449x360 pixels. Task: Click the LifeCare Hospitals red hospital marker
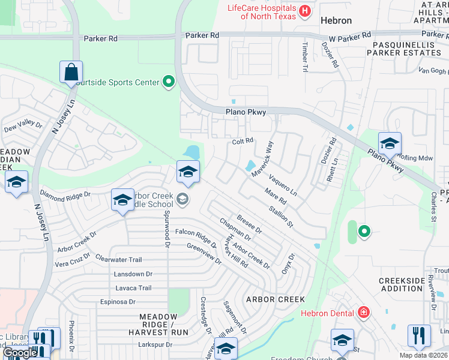coord(306,10)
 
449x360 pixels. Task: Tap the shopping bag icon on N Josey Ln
coord(71,72)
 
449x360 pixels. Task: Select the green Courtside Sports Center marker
coord(169,82)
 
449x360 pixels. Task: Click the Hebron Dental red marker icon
coord(363,311)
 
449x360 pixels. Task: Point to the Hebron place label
coord(336,20)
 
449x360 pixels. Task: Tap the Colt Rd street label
coord(243,141)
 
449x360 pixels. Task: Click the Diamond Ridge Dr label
coord(64,194)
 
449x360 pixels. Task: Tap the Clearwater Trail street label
coord(118,260)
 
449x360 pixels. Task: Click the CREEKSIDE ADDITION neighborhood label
coord(401,284)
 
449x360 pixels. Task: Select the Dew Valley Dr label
coord(23,127)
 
